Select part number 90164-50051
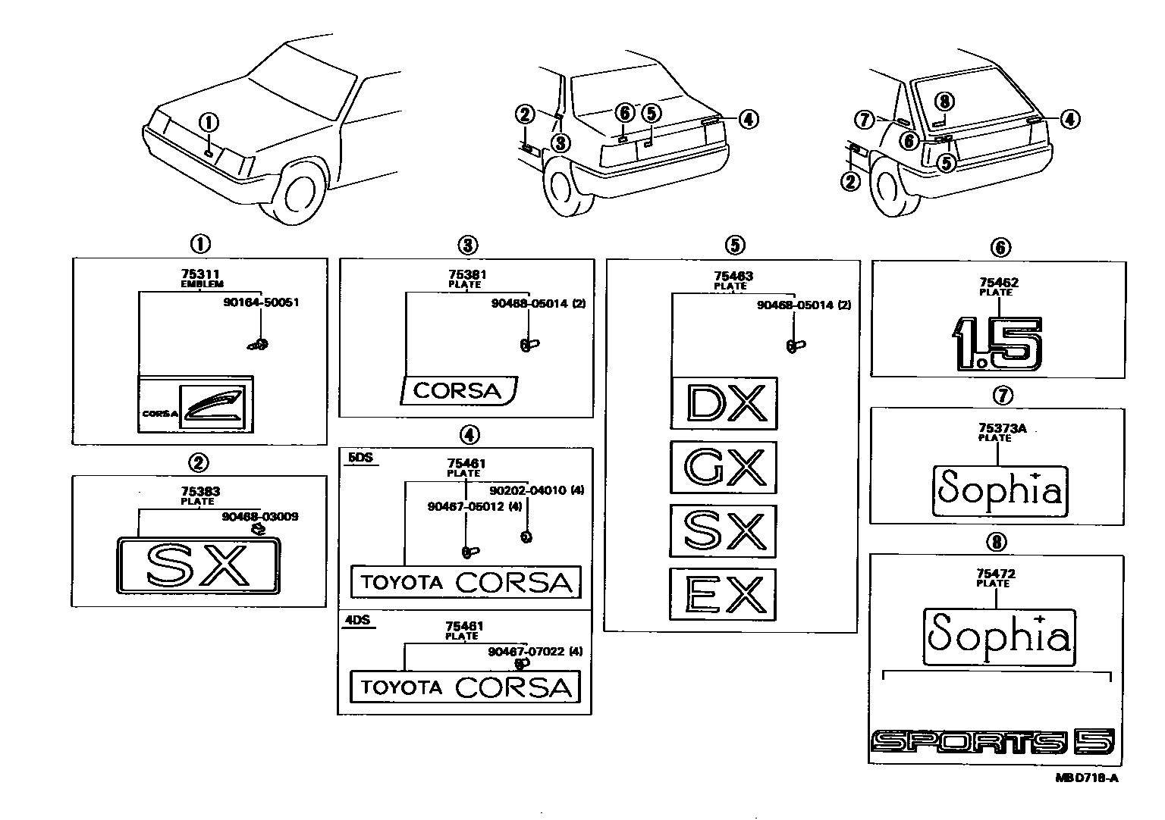click(x=261, y=302)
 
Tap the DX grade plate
click(x=724, y=403)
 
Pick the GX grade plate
click(x=724, y=467)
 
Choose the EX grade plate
click(x=724, y=594)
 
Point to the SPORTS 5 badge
click(x=994, y=742)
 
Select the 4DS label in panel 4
click(x=357, y=619)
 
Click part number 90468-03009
click(x=260, y=516)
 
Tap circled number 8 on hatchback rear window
click(x=942, y=102)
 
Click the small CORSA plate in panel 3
click(x=457, y=391)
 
